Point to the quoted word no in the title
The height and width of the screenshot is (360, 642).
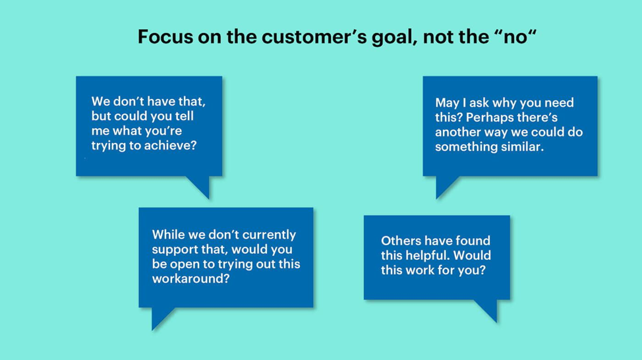point(515,36)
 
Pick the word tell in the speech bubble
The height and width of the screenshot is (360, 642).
point(185,116)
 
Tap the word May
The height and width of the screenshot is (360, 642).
point(447,103)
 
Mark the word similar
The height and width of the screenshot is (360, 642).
point(523,146)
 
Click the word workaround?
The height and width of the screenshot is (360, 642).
point(190,278)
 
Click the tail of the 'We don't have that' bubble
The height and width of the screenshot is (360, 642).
point(200,185)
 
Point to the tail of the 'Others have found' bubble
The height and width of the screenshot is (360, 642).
point(488,309)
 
